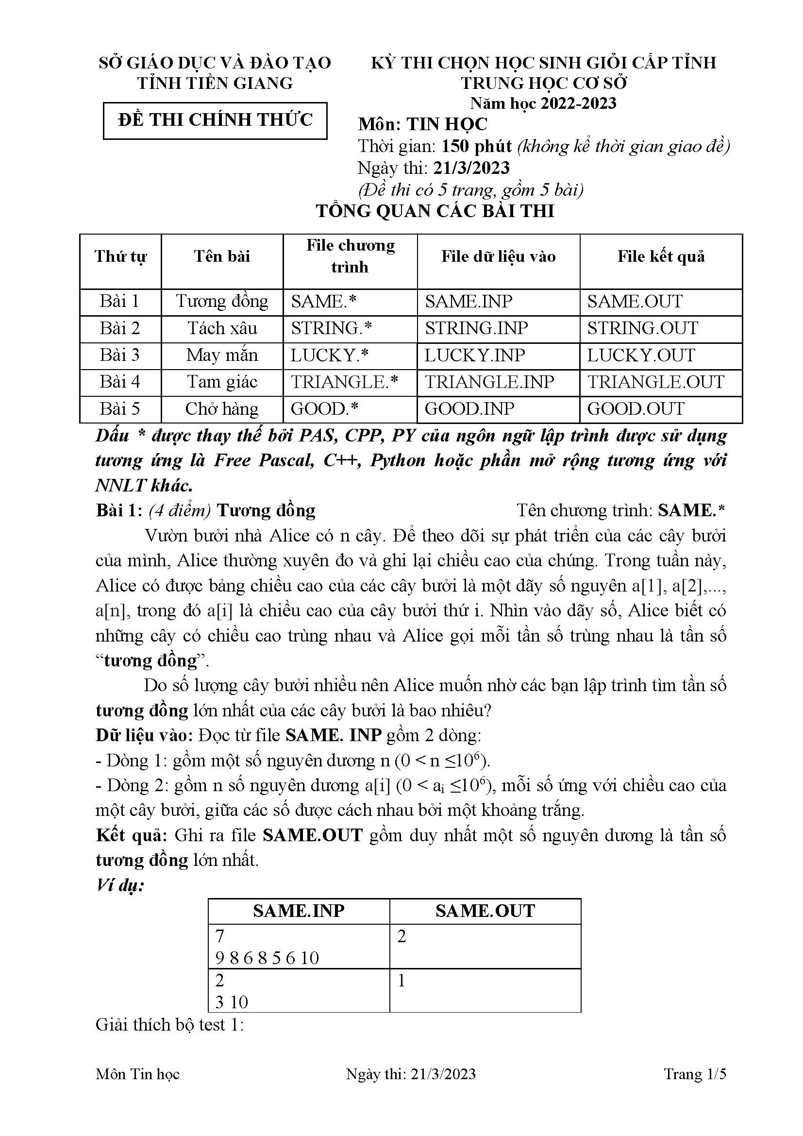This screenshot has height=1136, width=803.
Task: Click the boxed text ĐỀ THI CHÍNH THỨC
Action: coord(215,120)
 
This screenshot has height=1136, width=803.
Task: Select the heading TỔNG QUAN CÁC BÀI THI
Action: coord(435,211)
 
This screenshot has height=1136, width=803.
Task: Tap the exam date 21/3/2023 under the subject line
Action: coord(471,168)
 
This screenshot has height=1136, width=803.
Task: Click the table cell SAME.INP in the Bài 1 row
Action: coord(469,301)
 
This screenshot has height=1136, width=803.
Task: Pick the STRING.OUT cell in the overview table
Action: coord(642,328)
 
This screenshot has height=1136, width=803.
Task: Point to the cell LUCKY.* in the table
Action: coord(329,355)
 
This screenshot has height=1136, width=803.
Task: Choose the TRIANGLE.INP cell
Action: coord(489,382)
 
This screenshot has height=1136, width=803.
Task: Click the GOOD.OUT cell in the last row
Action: coord(636,408)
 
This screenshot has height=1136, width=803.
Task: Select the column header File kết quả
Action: coord(661,256)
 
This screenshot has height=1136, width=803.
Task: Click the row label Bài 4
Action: coord(120,382)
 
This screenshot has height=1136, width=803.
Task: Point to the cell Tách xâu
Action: coord(222,328)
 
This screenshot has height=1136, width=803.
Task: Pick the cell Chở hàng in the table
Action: coord(222,408)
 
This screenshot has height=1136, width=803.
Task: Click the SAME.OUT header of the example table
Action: coord(485,911)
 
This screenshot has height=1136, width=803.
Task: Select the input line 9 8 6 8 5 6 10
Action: coord(268,958)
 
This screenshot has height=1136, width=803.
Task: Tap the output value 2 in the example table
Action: coord(401,936)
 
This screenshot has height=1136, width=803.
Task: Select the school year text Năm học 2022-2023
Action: coord(543,103)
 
